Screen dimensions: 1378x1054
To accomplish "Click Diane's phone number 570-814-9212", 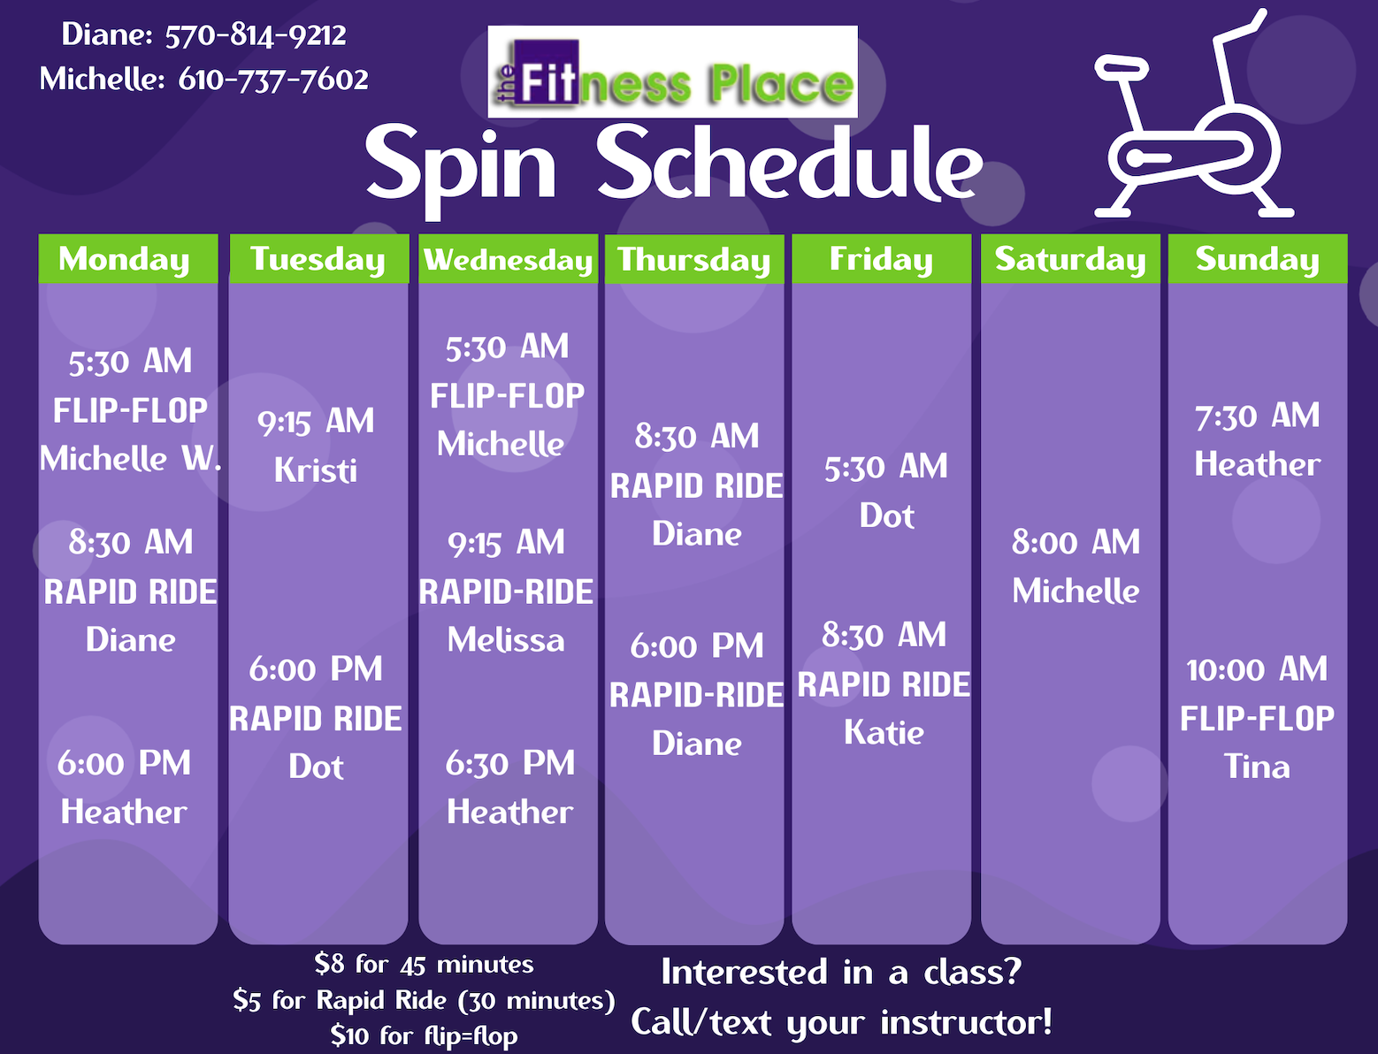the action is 255,35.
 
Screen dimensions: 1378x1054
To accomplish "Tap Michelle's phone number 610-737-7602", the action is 273,80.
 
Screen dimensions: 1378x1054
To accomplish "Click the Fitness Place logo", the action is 672,72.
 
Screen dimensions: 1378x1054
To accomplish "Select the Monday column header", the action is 128,258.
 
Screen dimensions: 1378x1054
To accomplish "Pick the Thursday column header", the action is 694,259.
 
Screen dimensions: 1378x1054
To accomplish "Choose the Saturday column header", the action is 1070,259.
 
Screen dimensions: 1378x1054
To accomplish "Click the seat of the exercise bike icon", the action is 1122,67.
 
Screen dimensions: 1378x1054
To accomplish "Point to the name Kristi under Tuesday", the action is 316,470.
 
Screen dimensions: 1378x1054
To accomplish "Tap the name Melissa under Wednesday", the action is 506,640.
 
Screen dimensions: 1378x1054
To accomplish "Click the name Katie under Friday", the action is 884,732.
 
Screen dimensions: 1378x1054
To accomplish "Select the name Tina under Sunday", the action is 1257,767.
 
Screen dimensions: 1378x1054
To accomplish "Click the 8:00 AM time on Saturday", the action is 1076,543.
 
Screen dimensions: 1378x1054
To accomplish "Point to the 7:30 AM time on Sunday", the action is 1257,416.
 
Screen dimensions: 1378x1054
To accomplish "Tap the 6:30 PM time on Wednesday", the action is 509,763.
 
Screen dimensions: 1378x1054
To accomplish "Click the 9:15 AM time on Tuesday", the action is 316,422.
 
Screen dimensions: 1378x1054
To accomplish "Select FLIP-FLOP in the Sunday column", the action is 1257,718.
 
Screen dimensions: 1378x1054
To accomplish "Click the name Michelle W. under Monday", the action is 131,459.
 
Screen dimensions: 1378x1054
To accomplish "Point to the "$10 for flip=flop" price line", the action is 424,1035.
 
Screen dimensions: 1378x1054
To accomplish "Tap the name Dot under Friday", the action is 886,516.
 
